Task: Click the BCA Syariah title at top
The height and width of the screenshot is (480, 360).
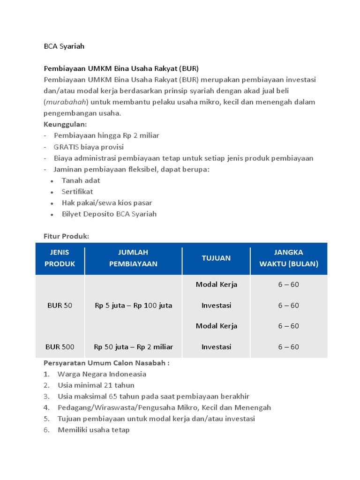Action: [x=64, y=46]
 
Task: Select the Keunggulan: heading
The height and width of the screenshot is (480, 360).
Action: [x=65, y=124]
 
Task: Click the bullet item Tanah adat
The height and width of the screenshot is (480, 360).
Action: [x=81, y=180]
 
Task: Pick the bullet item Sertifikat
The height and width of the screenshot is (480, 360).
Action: [x=77, y=192]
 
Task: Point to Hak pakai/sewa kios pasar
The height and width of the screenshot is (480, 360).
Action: [x=107, y=203]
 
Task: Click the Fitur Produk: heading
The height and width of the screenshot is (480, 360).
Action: [x=66, y=237]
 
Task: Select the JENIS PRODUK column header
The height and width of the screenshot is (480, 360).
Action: [x=60, y=258]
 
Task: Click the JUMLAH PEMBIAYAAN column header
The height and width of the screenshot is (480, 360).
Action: [x=133, y=258]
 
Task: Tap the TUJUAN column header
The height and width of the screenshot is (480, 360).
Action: [x=216, y=258]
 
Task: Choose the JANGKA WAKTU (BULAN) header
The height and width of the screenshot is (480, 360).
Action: [x=288, y=258]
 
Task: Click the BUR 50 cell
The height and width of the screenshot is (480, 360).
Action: [x=60, y=306]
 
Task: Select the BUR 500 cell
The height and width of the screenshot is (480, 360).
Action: [x=60, y=347]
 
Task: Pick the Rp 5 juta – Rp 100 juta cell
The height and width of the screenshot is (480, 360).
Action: [x=133, y=306]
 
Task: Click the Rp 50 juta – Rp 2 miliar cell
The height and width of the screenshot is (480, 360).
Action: [x=133, y=347]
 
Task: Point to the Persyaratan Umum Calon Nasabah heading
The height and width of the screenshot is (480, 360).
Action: [x=106, y=363]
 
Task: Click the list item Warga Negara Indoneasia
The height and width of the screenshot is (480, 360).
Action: [x=102, y=374]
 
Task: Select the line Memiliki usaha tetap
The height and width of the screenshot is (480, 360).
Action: [x=93, y=430]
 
